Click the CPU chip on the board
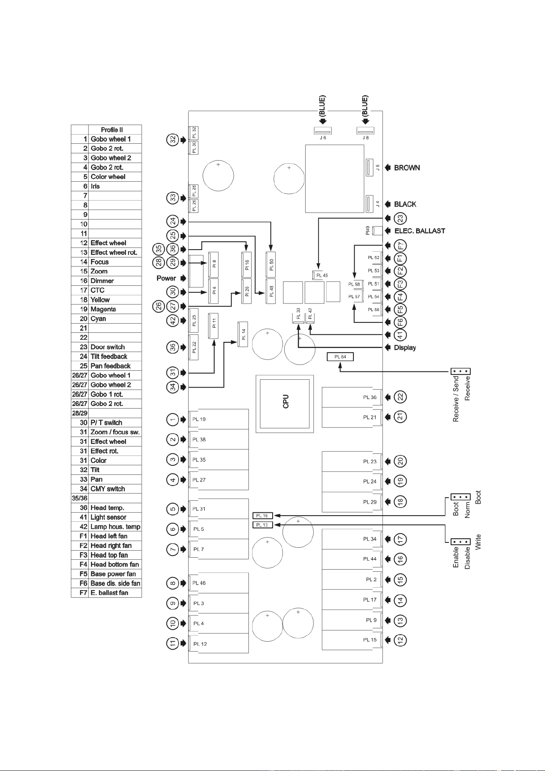(285, 404)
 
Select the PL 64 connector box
(340, 357)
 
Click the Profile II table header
(112, 130)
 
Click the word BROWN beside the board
(407, 168)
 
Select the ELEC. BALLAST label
(420, 231)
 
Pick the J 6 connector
(323, 131)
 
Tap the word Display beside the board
(405, 348)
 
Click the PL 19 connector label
(199, 420)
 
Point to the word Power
(166, 278)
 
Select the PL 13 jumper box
(262, 525)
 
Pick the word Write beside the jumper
(478, 542)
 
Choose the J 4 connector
(369, 203)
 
